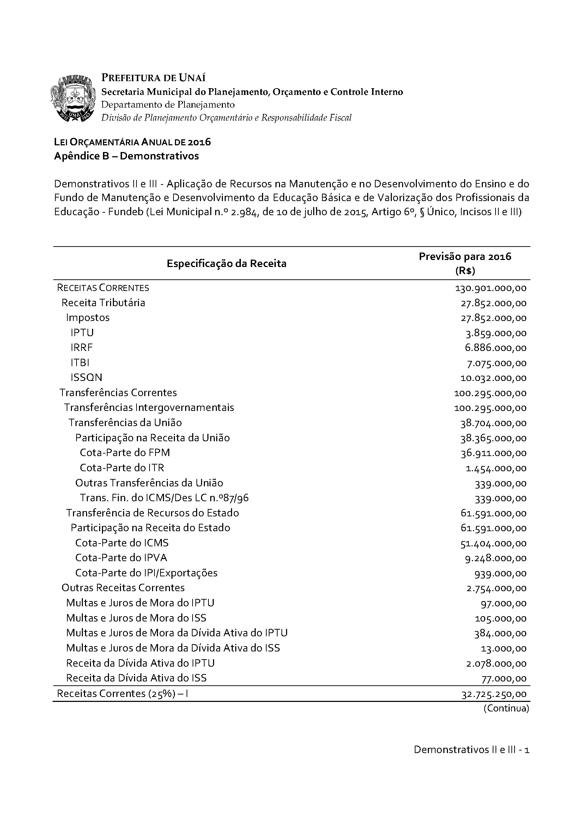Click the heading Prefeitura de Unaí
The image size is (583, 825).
[x=153, y=78]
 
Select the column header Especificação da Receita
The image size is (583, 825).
[x=226, y=263]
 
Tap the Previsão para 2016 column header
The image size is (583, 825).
[x=465, y=263]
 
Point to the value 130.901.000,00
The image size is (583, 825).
[x=491, y=288]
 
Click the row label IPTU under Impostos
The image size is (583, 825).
[x=82, y=333]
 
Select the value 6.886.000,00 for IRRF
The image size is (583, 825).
[x=496, y=348]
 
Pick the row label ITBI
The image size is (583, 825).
[x=80, y=363]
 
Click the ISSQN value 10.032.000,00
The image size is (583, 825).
[x=493, y=378]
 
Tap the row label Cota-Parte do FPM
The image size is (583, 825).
[x=125, y=453]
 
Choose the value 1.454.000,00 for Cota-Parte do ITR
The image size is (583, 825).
[x=496, y=468]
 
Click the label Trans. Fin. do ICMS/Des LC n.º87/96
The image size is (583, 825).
[x=164, y=498]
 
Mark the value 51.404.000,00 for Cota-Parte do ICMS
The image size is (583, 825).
[x=493, y=543]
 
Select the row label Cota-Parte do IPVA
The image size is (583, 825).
[x=121, y=558]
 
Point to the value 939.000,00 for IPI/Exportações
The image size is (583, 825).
[x=500, y=574]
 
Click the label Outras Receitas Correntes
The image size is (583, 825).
[x=123, y=588]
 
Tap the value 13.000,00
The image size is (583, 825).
[x=504, y=649]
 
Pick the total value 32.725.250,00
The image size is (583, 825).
[x=493, y=694]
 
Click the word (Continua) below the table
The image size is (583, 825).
[x=506, y=709]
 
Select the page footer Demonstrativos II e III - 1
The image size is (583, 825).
[x=471, y=750]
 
